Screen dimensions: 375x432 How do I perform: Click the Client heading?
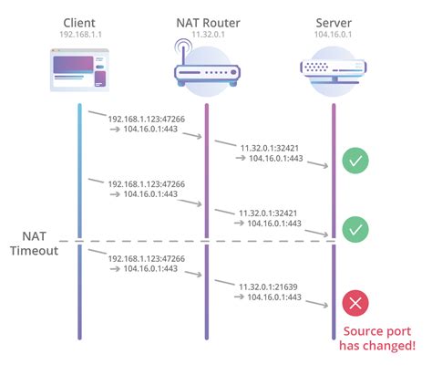point(79,20)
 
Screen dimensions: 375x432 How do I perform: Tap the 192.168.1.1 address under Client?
point(79,35)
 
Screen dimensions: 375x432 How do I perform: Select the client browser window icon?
point(79,72)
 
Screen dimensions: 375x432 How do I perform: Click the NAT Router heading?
point(207,20)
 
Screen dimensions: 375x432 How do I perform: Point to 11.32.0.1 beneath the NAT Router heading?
point(207,35)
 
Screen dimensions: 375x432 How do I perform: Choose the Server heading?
point(333,20)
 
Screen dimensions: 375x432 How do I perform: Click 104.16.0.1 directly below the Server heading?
point(333,35)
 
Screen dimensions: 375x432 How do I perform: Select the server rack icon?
point(333,71)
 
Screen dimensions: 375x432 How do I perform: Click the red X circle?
point(355,303)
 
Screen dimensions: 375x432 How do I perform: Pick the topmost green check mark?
point(355,161)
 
